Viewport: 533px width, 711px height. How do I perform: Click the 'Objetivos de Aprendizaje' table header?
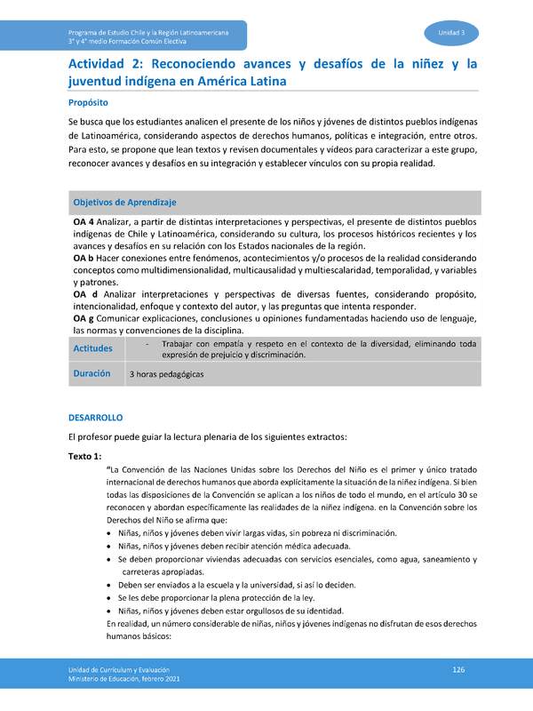pyautogui.click(x=124, y=203)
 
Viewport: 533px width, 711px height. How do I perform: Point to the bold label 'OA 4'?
pyautogui.click(x=84, y=221)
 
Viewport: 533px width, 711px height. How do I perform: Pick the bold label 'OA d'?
pyautogui.click(x=85, y=293)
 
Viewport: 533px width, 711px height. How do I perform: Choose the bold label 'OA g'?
pyautogui.click(x=84, y=318)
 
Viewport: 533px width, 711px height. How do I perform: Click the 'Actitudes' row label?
pyautogui.click(x=93, y=348)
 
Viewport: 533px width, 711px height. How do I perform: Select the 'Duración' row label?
pyautogui.click(x=91, y=374)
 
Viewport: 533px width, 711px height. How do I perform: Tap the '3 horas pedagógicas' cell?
pyautogui.click(x=166, y=375)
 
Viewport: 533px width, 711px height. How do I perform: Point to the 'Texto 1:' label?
pyautogui.click(x=85, y=456)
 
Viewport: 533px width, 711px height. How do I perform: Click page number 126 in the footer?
pyautogui.click(x=458, y=668)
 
